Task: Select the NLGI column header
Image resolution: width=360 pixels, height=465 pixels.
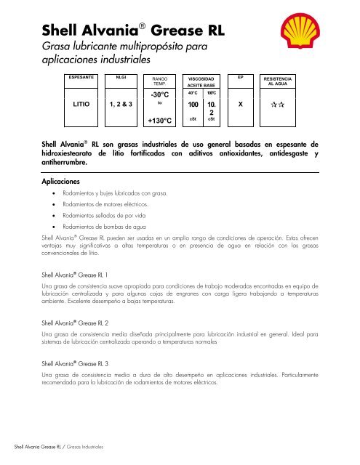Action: tap(119, 76)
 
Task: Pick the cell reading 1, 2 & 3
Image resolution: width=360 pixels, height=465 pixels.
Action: tap(119, 104)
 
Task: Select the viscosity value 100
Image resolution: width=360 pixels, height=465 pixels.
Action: tap(192, 105)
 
